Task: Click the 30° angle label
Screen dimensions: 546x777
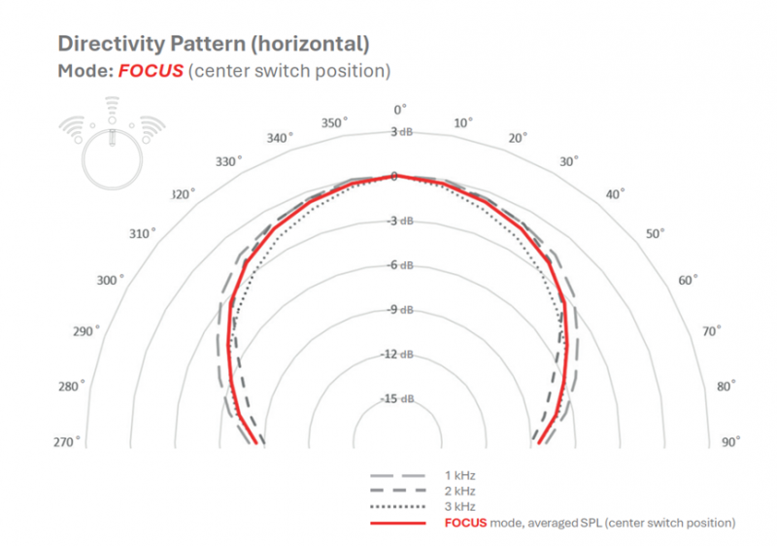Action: click(x=569, y=160)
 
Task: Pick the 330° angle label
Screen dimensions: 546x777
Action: click(x=228, y=160)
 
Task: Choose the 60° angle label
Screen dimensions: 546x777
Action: click(x=689, y=280)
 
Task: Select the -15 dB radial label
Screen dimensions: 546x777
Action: click(x=398, y=398)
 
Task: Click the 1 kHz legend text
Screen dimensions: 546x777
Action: click(x=460, y=475)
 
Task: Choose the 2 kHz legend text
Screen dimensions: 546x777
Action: click(x=460, y=491)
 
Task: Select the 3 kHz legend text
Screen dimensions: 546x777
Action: click(x=460, y=506)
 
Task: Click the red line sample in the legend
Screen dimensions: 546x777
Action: click(x=397, y=523)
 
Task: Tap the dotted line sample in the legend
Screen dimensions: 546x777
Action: click(x=397, y=506)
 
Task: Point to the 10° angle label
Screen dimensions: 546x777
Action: click(x=463, y=122)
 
